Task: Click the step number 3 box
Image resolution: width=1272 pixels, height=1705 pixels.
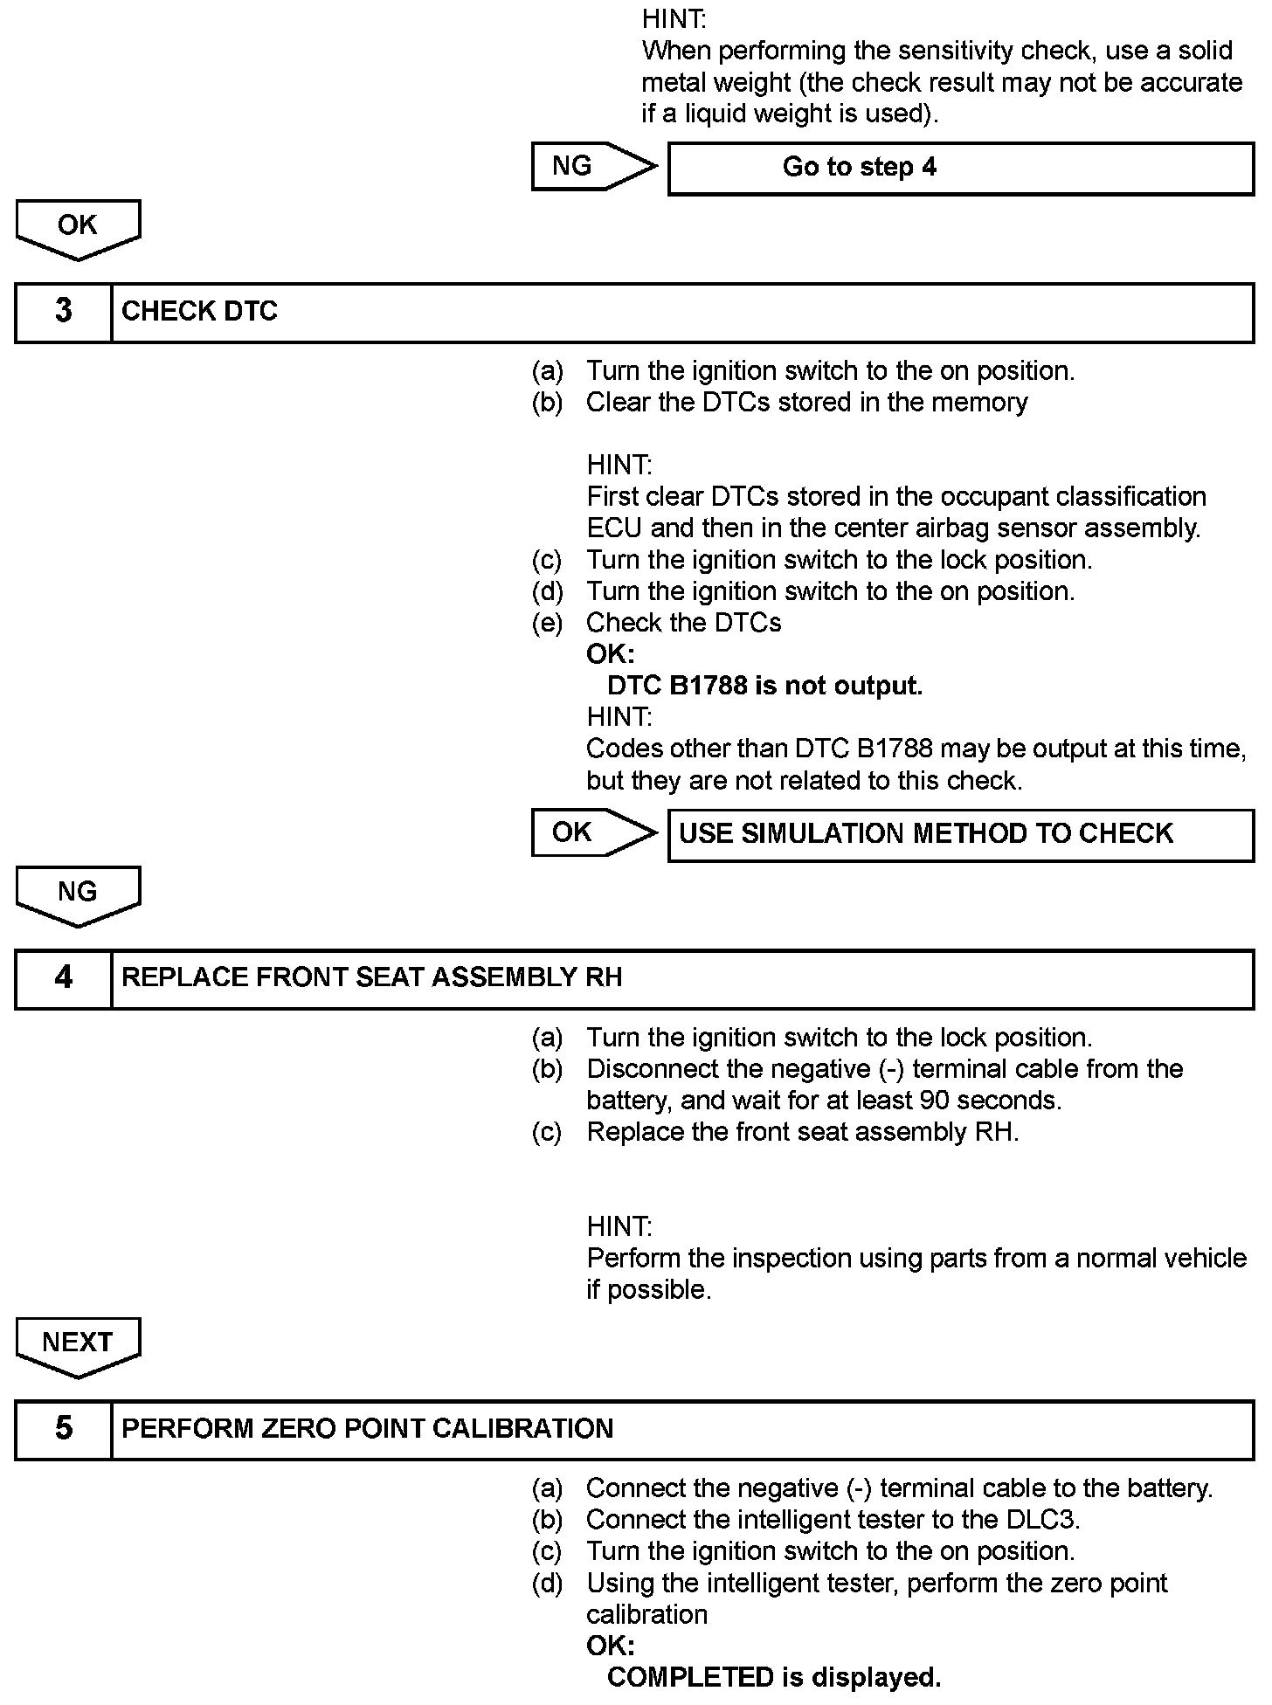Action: (64, 312)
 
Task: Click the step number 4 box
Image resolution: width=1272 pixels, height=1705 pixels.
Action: (64, 978)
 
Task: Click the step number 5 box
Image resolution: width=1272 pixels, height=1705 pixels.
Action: (64, 1429)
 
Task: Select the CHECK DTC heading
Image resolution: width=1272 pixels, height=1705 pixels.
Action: (199, 312)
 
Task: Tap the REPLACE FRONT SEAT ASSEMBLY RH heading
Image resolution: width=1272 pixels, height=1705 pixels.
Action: (371, 978)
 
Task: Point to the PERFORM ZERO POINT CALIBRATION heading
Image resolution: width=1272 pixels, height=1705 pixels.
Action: (367, 1429)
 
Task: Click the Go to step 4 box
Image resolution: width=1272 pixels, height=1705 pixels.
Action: (960, 168)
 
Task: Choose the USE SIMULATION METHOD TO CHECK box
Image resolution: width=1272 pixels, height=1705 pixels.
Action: (960, 834)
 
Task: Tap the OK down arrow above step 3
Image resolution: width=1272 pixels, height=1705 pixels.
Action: (78, 229)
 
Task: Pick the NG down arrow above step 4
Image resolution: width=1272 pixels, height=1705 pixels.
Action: (78, 895)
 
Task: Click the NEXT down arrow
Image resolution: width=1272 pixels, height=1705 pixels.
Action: (78, 1346)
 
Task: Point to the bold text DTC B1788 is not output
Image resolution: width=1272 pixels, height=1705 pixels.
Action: (764, 687)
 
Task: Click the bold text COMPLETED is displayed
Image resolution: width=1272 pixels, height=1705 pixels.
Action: (774, 1677)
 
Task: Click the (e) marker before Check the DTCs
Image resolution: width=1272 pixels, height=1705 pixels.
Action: (547, 623)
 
